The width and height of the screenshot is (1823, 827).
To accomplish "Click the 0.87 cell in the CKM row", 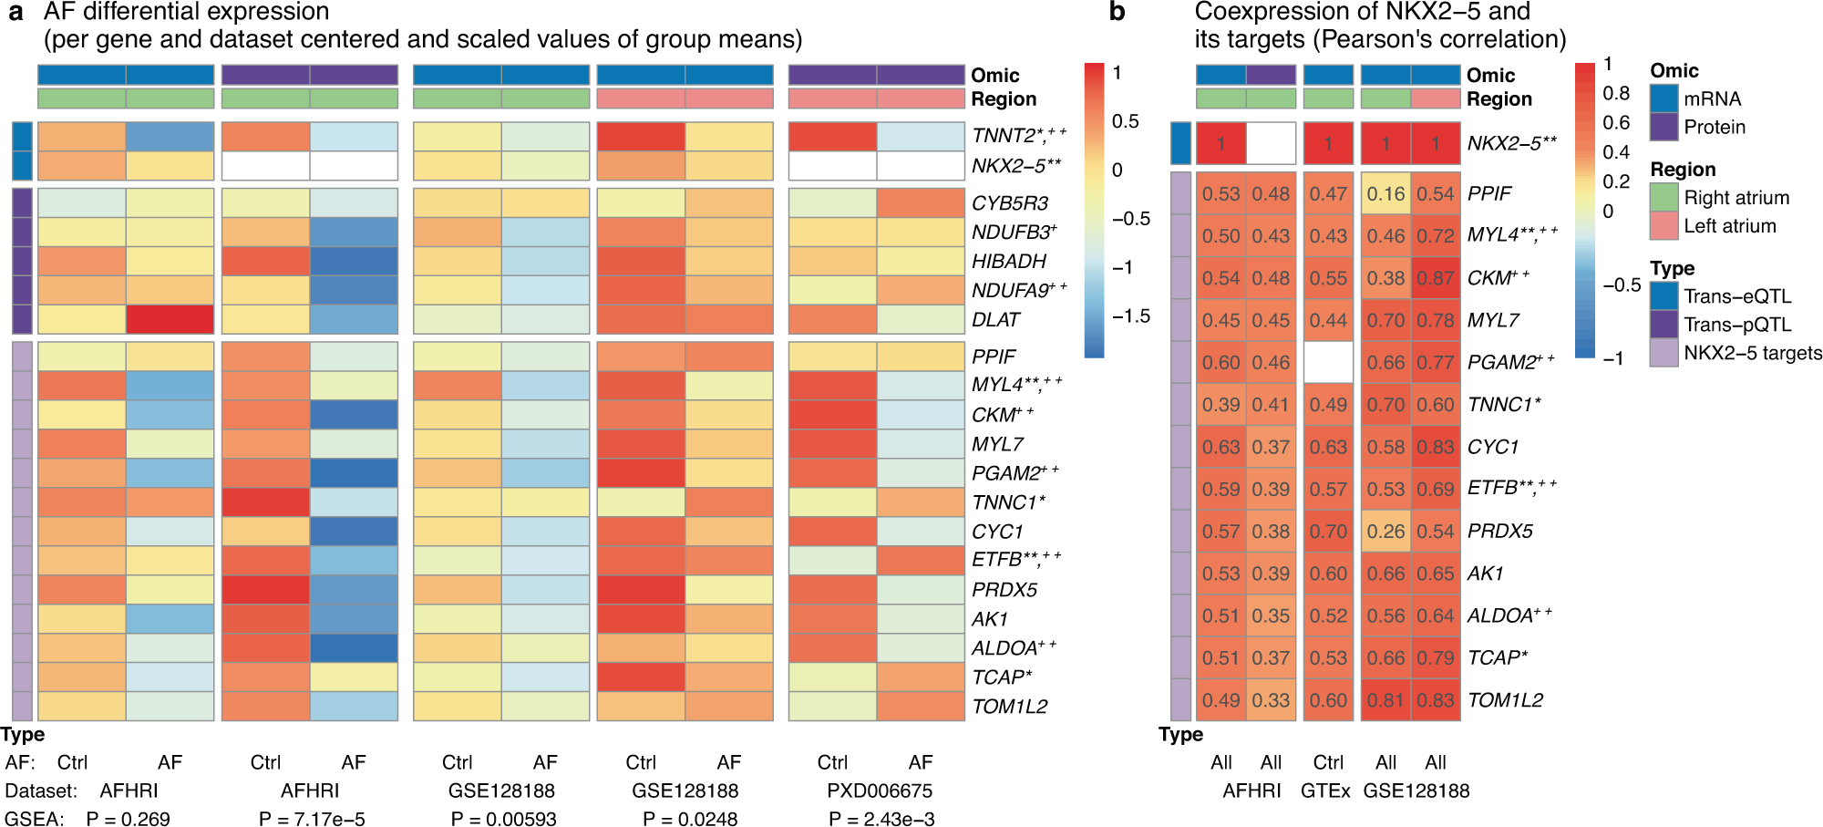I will (x=1436, y=278).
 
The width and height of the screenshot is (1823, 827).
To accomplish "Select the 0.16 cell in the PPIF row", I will (x=1385, y=193).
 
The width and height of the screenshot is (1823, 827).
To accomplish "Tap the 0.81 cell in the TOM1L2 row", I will (x=1385, y=700).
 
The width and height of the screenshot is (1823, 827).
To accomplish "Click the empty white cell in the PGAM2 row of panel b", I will (x=1328, y=362).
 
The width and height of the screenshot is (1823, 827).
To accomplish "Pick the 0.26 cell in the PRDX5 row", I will (x=1385, y=531).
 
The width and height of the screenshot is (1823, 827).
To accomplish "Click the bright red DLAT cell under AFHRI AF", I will (x=170, y=319).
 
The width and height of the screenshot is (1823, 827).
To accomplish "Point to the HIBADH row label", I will (x=1008, y=262).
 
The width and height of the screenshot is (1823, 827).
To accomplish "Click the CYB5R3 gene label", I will (x=1009, y=203).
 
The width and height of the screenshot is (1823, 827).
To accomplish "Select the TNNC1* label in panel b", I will (x=1503, y=405).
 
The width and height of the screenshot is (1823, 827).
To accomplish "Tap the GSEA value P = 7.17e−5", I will (x=312, y=819).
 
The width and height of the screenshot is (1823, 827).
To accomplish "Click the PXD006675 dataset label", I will (x=880, y=791).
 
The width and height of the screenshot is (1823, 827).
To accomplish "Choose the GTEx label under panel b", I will (x=1325, y=791).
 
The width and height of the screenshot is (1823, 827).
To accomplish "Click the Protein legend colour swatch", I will (x=1663, y=127).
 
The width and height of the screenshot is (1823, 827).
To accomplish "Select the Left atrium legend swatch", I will (x=1663, y=226).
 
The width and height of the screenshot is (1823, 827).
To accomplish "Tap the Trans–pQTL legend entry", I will (x=1736, y=325).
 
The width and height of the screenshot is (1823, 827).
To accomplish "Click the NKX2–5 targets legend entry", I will (x=1752, y=353).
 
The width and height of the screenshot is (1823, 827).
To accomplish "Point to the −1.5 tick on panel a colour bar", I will (x=1130, y=316).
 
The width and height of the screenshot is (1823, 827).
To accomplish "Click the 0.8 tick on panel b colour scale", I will (x=1615, y=93).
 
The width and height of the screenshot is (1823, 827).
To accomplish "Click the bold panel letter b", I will (x=1117, y=13).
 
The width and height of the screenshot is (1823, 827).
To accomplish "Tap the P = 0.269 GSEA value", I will (x=128, y=819).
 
